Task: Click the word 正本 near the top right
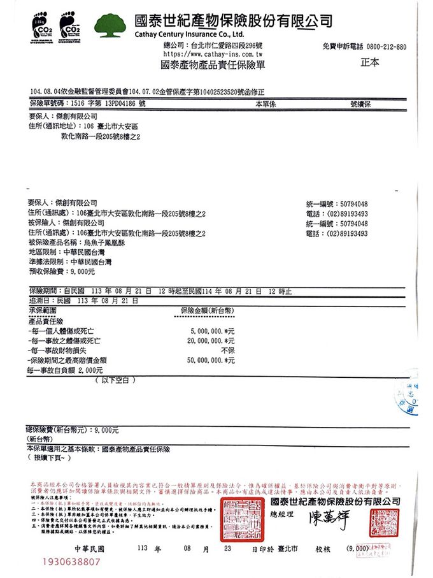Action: (x=369, y=62)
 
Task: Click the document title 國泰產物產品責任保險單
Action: (x=213, y=64)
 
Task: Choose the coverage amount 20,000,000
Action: (x=208, y=341)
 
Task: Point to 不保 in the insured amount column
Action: (x=227, y=350)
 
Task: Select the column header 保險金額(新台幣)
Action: (x=206, y=310)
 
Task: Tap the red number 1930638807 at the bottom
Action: (x=71, y=562)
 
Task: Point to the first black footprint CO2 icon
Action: (x=45, y=24)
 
